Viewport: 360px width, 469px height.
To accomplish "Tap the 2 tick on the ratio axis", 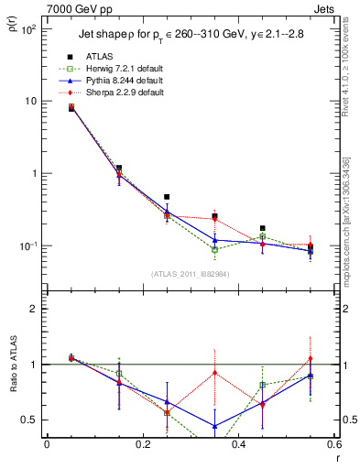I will coord(32,309).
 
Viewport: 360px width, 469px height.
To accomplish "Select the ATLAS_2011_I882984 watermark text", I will coord(191,274).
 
